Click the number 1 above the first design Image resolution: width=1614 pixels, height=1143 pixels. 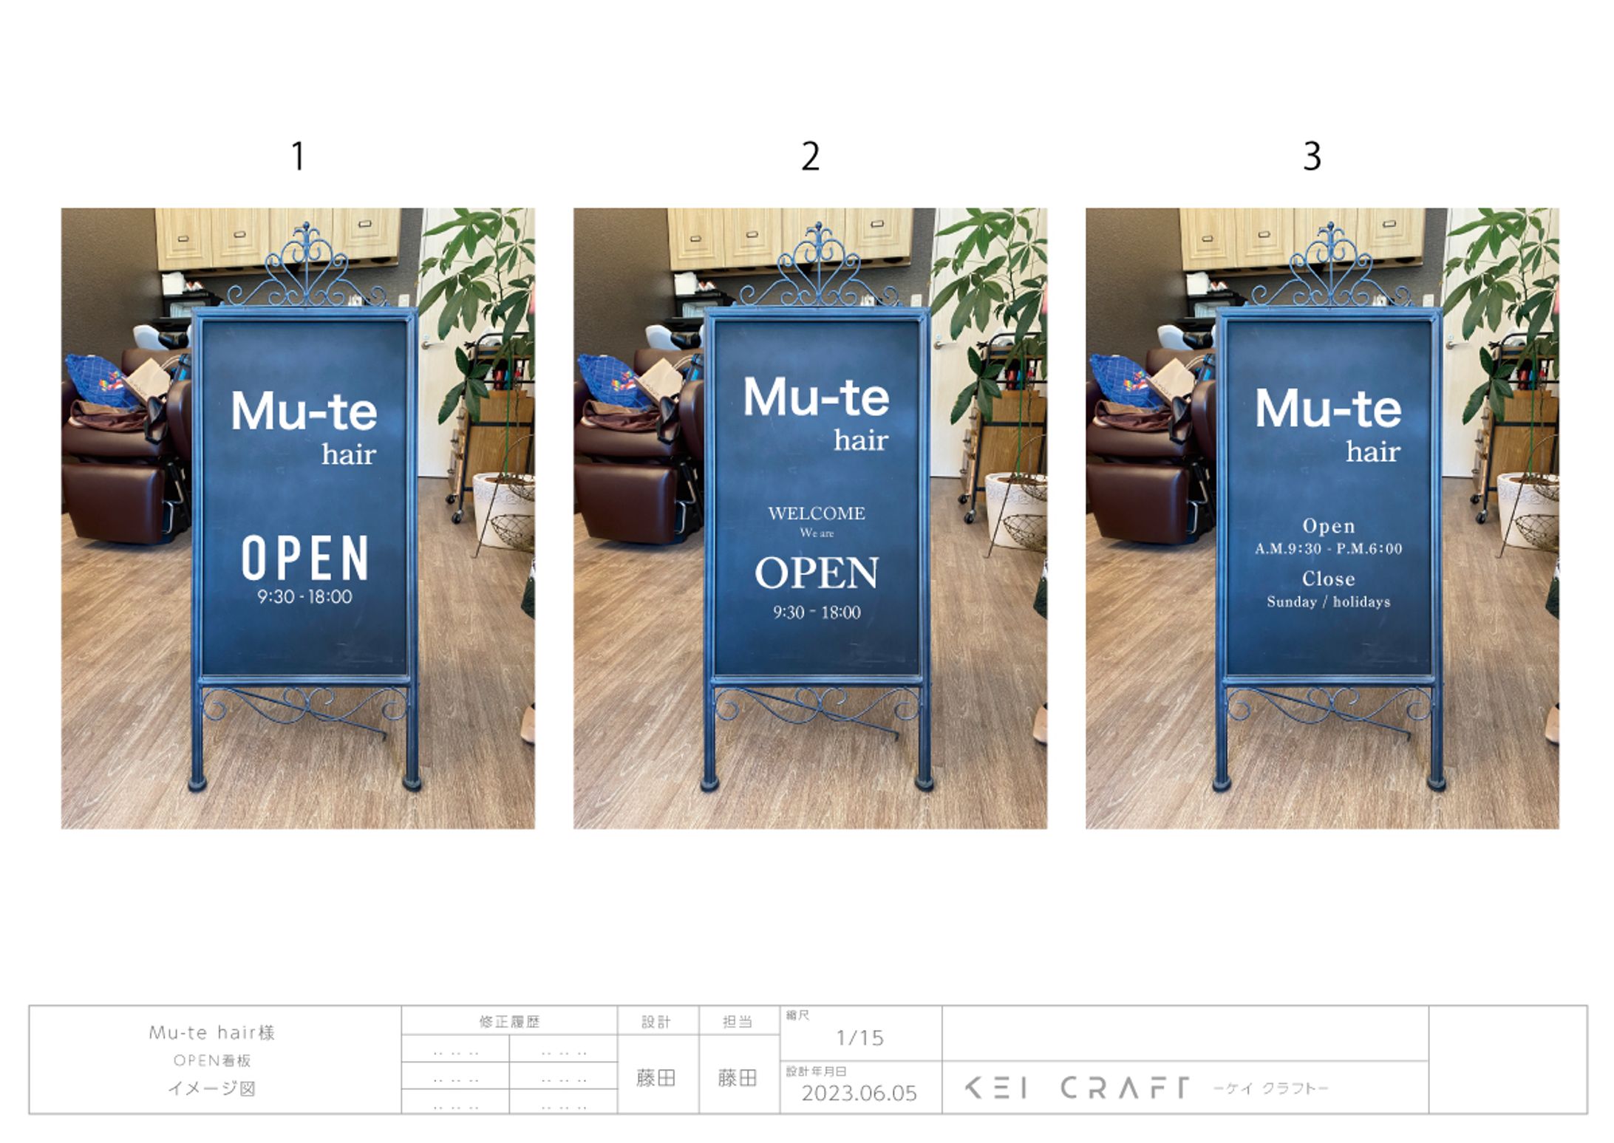[x=298, y=156]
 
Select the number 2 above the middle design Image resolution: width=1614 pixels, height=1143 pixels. [x=810, y=156]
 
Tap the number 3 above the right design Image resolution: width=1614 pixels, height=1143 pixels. [x=1312, y=156]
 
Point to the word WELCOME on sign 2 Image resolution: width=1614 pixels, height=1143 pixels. [x=817, y=513]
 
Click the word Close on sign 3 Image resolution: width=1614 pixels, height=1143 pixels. [x=1328, y=578]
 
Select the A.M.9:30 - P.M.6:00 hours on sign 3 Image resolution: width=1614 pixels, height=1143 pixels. [x=1328, y=548]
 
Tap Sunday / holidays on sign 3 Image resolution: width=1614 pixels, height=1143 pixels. [x=1328, y=601]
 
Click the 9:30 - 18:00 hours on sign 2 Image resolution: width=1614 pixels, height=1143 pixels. [x=817, y=612]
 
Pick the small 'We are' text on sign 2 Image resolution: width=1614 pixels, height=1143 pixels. [x=817, y=533]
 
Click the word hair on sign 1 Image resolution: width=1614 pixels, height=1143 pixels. [x=349, y=454]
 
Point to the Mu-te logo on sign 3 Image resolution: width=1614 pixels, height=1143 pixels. [x=1328, y=409]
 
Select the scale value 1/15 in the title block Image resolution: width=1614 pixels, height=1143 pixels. [x=859, y=1038]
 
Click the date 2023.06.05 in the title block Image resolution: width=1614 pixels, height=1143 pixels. [x=859, y=1093]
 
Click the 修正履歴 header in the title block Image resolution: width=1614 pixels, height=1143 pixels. [x=509, y=1022]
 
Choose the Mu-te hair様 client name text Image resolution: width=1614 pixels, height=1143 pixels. [x=212, y=1032]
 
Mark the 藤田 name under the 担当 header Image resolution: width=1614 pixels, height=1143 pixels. [x=738, y=1078]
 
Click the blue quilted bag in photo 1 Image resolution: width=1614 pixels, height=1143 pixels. [x=101, y=379]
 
